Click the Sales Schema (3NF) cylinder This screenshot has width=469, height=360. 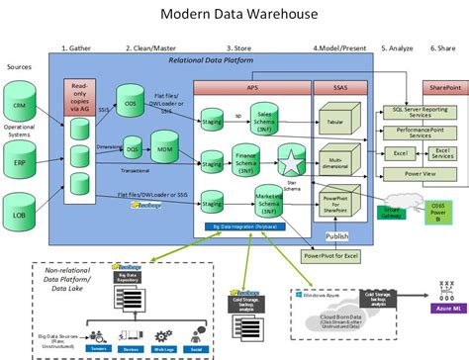(266, 116)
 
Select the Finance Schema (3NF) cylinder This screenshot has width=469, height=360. (244, 161)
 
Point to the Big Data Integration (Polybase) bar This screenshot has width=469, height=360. (245, 226)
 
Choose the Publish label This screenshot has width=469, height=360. (335, 236)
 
